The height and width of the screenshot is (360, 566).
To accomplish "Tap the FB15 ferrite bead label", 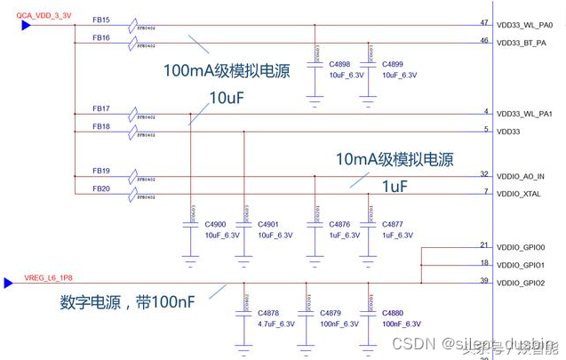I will [x=101, y=20].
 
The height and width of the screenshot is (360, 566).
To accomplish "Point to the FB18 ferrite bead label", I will [x=101, y=127].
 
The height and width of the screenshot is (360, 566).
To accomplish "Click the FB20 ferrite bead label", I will [x=101, y=188].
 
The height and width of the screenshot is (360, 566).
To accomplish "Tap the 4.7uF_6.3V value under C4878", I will [x=275, y=324].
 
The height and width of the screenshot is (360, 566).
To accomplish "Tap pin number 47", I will [x=483, y=22].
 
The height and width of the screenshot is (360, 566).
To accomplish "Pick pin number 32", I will [x=483, y=174].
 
